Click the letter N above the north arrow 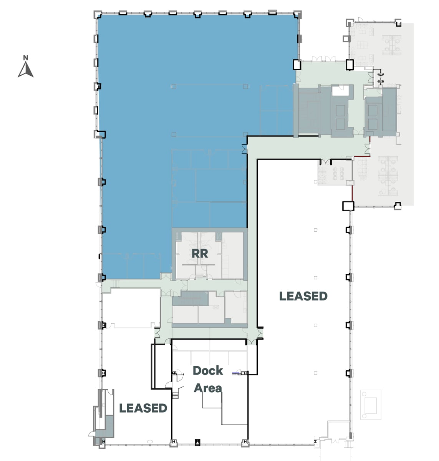[26, 58]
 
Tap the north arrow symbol [26, 70]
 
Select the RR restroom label [200, 254]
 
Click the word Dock [208, 371]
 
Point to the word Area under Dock [208, 388]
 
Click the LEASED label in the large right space [303, 296]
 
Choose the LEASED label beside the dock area [143, 408]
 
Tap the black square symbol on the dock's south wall [197, 442]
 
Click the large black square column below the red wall [348, 206]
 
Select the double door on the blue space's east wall [244, 149]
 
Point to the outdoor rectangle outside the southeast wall [371, 405]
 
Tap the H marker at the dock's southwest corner [174, 442]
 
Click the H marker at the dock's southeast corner [245, 442]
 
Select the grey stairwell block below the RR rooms [190, 298]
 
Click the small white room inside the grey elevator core [340, 91]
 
